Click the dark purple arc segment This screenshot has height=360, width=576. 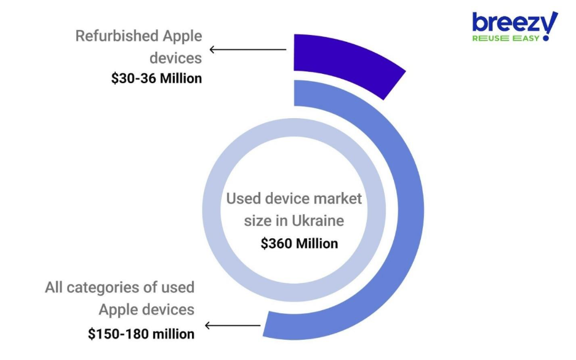345,62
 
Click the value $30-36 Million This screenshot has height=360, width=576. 156,79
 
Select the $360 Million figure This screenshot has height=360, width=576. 299,243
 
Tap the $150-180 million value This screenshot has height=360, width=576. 141,334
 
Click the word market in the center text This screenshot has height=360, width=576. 336,199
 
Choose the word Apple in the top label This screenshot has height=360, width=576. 182,36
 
